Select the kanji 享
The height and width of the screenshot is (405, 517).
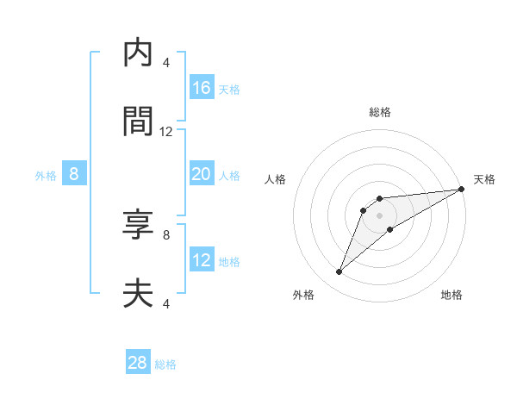pos(138,227)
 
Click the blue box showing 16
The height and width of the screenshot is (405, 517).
pos(202,88)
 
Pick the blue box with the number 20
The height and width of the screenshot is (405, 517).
pos(202,174)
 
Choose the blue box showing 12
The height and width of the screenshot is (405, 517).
pos(202,260)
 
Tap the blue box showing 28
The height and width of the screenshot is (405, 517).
pos(138,363)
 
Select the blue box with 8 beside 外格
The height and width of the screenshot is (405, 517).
pos(74,174)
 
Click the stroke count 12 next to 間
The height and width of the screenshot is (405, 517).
pos(166,132)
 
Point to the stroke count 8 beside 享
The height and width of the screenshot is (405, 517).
pos(166,234)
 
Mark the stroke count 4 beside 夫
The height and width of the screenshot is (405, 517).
pos(166,303)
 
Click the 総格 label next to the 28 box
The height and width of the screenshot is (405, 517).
pos(165,364)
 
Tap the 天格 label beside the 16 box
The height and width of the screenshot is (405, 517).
pos(229,90)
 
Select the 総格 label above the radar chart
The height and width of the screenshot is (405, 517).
pos(379,112)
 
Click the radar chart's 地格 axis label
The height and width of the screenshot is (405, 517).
pos(452,295)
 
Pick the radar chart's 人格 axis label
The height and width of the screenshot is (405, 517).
pos(276,179)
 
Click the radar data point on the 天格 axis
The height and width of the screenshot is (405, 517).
pos(461,189)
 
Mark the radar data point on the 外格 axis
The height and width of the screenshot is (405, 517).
pos(339,272)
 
